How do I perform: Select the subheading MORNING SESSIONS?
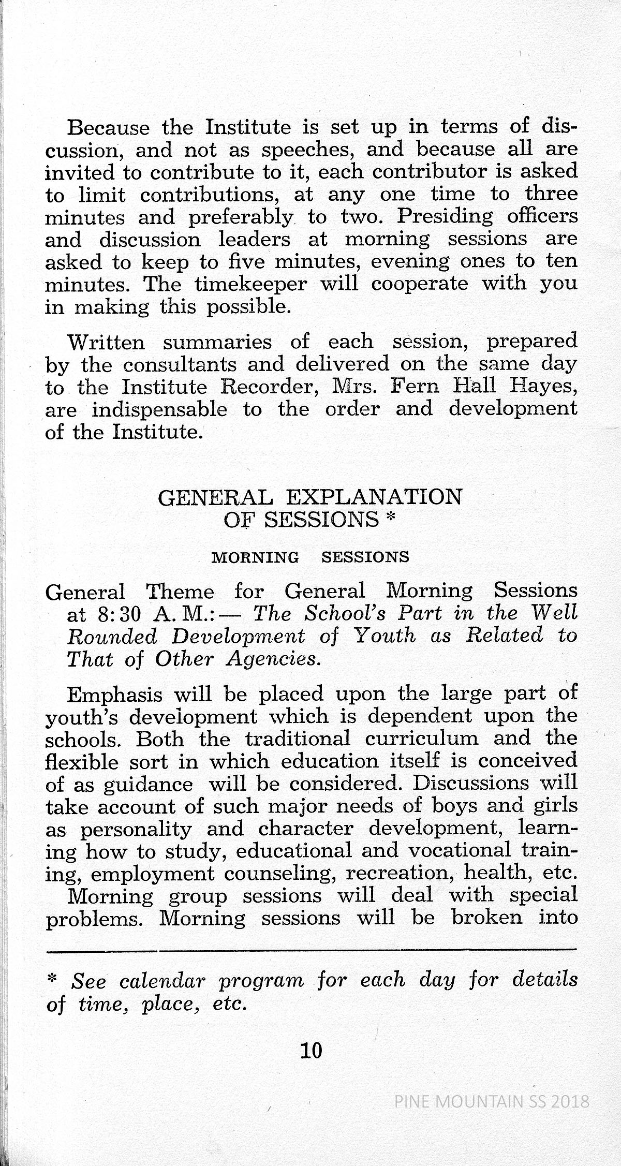tap(311, 557)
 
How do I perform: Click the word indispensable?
tap(159, 410)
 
